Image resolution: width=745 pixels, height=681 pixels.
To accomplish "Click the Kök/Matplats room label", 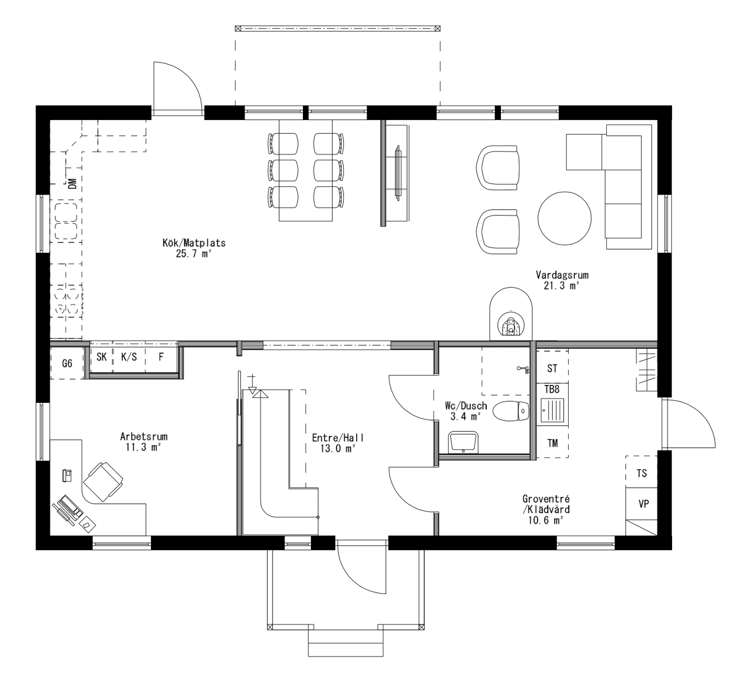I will pyautogui.click(x=193, y=248).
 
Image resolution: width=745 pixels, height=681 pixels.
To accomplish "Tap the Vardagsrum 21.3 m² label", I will pyautogui.click(x=562, y=280).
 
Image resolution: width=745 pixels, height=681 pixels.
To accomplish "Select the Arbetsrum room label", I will pyautogui.click(x=143, y=441).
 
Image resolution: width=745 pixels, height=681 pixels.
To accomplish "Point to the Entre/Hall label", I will pyautogui.click(x=337, y=443).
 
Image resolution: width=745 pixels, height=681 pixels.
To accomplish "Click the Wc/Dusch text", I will pyautogui.click(x=465, y=411).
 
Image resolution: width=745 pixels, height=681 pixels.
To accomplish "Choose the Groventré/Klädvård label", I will pyautogui.click(x=545, y=509).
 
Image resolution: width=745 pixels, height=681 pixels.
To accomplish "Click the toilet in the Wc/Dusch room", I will pyautogui.click(x=511, y=411).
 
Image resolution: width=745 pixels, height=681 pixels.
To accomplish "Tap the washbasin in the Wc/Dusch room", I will pyautogui.click(x=463, y=441).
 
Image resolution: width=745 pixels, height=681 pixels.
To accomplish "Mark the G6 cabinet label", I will pyautogui.click(x=67, y=363).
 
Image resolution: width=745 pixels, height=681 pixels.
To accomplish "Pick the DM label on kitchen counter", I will pyautogui.click(x=72, y=182).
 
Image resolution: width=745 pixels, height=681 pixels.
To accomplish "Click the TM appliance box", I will pyautogui.click(x=552, y=443).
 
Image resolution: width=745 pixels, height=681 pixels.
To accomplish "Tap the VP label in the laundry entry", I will pyautogui.click(x=643, y=504).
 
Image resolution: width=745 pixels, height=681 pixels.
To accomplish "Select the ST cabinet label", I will pyautogui.click(x=552, y=368).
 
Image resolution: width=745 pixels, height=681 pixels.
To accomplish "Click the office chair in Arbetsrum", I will pyautogui.click(x=103, y=481).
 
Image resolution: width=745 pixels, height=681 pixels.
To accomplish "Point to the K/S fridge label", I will pyautogui.click(x=129, y=357).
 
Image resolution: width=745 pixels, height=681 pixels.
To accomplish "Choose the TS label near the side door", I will pyautogui.click(x=641, y=473).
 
